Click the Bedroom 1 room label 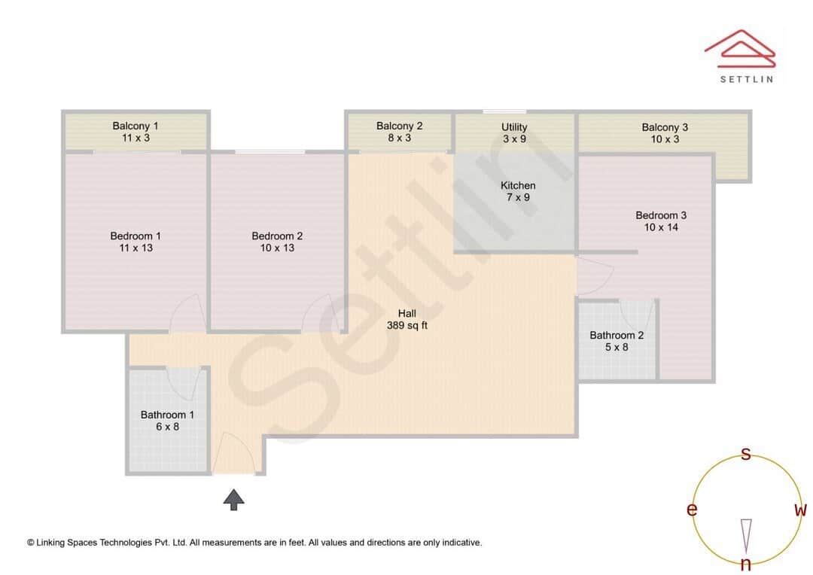(x=135, y=242)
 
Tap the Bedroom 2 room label (x=277, y=242)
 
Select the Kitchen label (x=518, y=191)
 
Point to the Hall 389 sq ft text (x=407, y=320)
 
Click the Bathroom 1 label (x=167, y=421)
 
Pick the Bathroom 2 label (x=617, y=341)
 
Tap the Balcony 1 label (x=135, y=132)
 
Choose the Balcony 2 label (x=400, y=132)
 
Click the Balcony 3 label (x=665, y=133)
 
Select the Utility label (x=514, y=133)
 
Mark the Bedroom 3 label (x=661, y=221)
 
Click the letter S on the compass (x=746, y=454)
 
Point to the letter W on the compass (x=800, y=510)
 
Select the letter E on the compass (x=692, y=510)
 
